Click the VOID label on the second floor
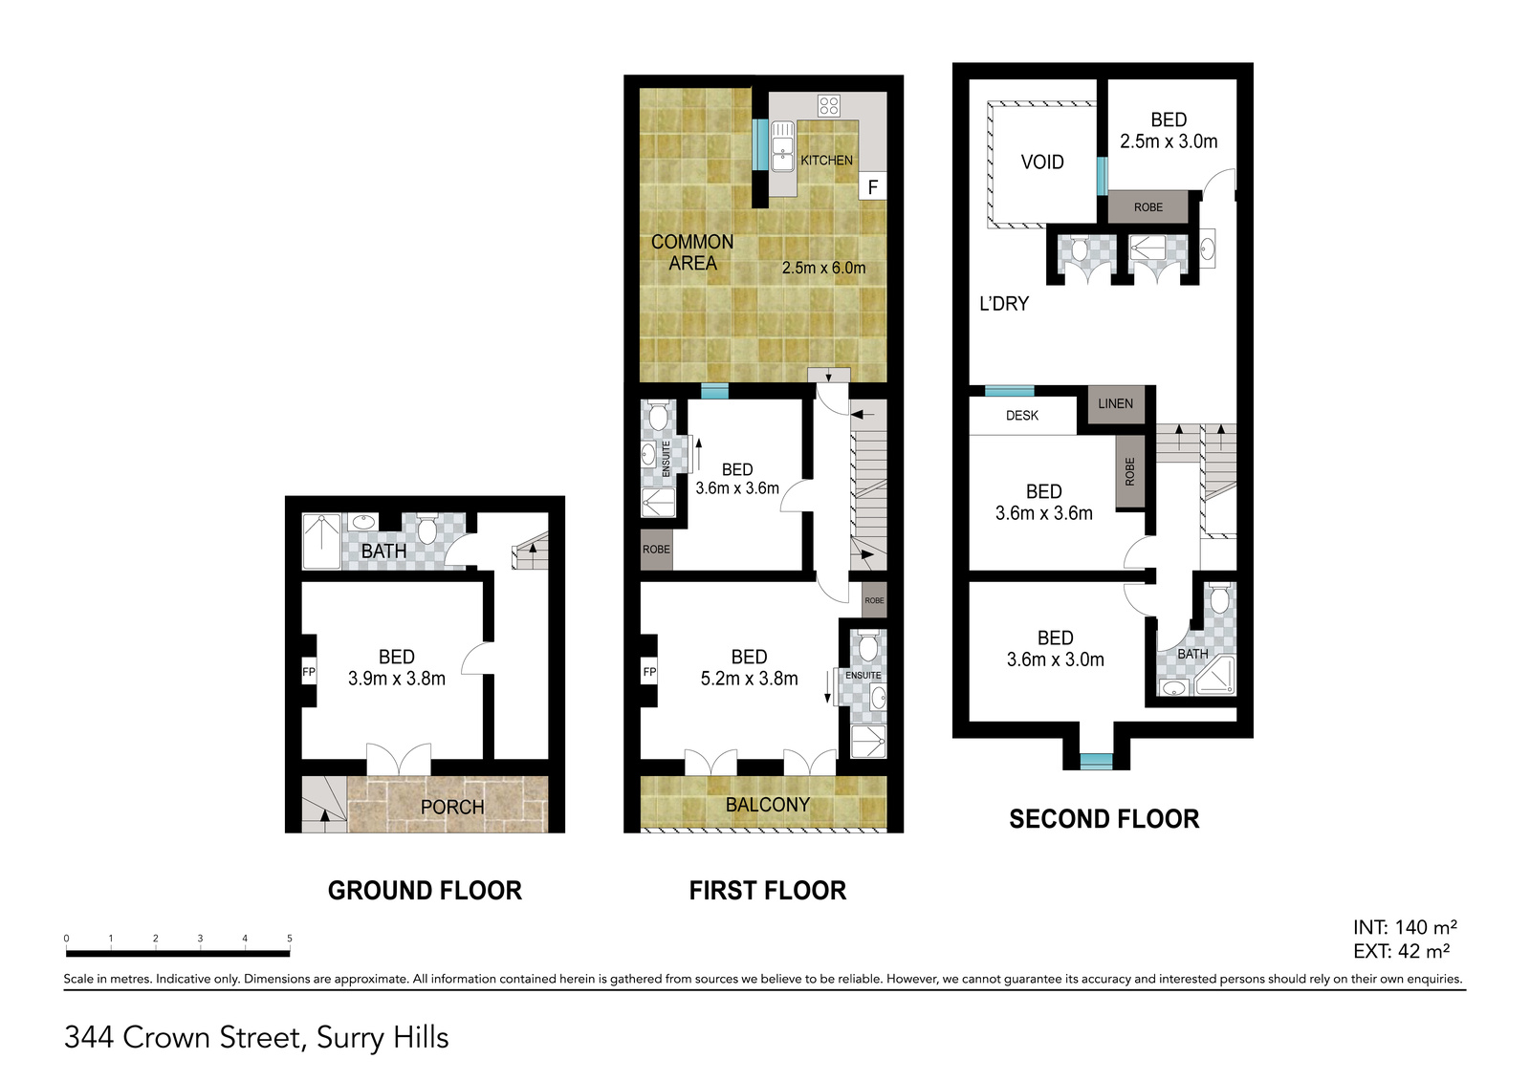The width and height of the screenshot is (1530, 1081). [x=1042, y=162]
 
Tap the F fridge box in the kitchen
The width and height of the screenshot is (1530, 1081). [x=872, y=185]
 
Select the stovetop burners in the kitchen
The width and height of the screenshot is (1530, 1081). [x=828, y=106]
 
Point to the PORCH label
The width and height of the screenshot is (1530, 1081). [x=452, y=807]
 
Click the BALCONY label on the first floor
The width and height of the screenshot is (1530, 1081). [x=768, y=805]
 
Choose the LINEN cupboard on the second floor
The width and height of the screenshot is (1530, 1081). [x=1115, y=403]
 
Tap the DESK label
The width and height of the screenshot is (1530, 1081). [x=1022, y=415]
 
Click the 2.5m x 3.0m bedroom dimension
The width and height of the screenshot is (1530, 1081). [x=1168, y=141]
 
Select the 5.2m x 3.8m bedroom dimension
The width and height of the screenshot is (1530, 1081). [x=750, y=678]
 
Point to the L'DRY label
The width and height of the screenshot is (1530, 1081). [x=1004, y=303]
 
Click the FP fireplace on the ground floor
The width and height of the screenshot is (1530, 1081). [x=309, y=672]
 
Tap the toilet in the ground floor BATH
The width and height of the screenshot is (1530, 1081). [x=426, y=530]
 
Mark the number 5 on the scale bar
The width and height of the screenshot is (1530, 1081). [x=290, y=939]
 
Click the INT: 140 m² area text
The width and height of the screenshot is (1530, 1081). [x=1405, y=927]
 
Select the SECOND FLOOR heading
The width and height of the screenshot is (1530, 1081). [x=1104, y=819]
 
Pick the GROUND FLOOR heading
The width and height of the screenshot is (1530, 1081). [x=425, y=891]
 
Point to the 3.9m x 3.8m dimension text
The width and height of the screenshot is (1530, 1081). [x=397, y=678]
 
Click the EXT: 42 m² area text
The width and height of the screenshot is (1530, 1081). [x=1402, y=951]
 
